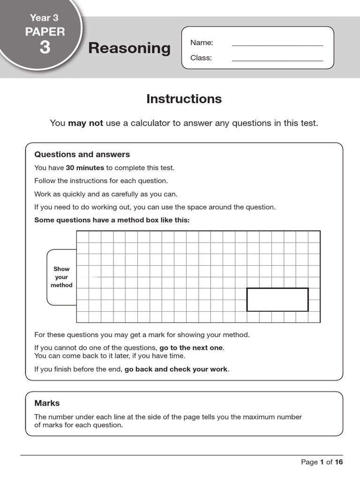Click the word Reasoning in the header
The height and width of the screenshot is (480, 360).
[x=129, y=48]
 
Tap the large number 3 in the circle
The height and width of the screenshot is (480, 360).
[x=45, y=47]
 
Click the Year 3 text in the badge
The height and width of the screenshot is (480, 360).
[x=44, y=18]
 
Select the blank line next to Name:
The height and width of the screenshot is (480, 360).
[x=277, y=44]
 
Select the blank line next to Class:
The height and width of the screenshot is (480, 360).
[x=277, y=59]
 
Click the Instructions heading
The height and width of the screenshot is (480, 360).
[x=184, y=99]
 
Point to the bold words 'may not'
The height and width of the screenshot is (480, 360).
[x=85, y=123]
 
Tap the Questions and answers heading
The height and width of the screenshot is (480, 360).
[x=82, y=155]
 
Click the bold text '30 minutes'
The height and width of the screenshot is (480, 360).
[x=85, y=168]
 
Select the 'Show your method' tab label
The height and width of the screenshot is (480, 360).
[x=61, y=277]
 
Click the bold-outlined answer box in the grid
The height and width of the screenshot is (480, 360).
[x=277, y=300]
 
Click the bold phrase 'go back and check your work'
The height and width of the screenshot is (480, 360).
[x=176, y=369]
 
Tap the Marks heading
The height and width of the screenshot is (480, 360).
[x=47, y=403]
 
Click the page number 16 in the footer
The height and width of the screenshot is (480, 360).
[x=338, y=462]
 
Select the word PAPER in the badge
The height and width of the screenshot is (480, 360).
[x=45, y=32]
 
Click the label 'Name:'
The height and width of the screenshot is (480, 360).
[x=202, y=43]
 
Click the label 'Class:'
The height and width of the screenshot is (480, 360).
[x=201, y=58]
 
